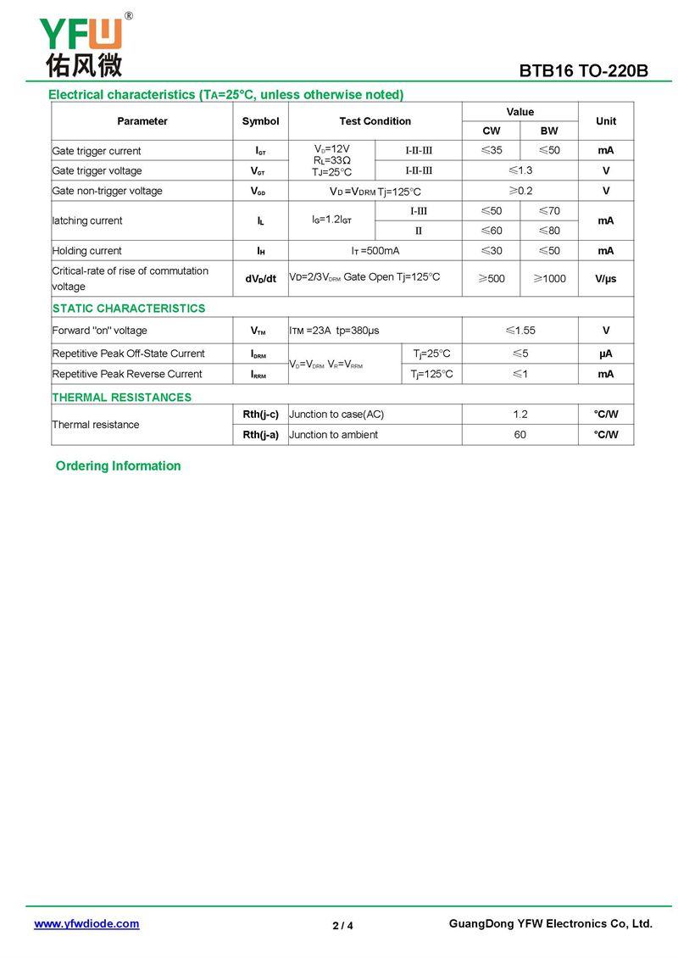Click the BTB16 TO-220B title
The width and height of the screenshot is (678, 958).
click(x=584, y=71)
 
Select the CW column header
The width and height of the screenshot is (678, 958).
click(x=491, y=131)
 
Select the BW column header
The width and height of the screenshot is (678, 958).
click(x=549, y=131)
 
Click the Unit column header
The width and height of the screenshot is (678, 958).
click(x=606, y=121)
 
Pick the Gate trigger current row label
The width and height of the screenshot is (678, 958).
click(x=97, y=151)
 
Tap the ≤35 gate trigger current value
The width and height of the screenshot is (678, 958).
click(x=491, y=151)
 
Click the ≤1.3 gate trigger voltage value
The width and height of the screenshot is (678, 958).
click(x=520, y=170)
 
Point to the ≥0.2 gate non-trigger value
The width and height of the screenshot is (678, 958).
click(x=520, y=191)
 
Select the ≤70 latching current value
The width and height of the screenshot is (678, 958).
click(x=549, y=210)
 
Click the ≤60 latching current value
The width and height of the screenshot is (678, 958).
click(x=491, y=231)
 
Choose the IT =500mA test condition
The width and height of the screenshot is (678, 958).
click(x=375, y=251)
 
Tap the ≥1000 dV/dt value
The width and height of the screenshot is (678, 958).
click(x=549, y=278)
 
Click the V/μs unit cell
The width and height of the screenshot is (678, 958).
click(x=606, y=278)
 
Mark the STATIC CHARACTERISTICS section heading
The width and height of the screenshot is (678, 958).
click(x=129, y=309)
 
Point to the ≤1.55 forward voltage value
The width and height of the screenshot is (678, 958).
click(x=520, y=331)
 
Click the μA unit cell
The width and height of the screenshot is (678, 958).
click(x=606, y=354)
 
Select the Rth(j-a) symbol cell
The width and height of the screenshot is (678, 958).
click(x=260, y=435)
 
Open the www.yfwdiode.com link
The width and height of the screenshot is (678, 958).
click(x=86, y=924)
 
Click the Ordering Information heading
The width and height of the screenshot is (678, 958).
click(x=119, y=466)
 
